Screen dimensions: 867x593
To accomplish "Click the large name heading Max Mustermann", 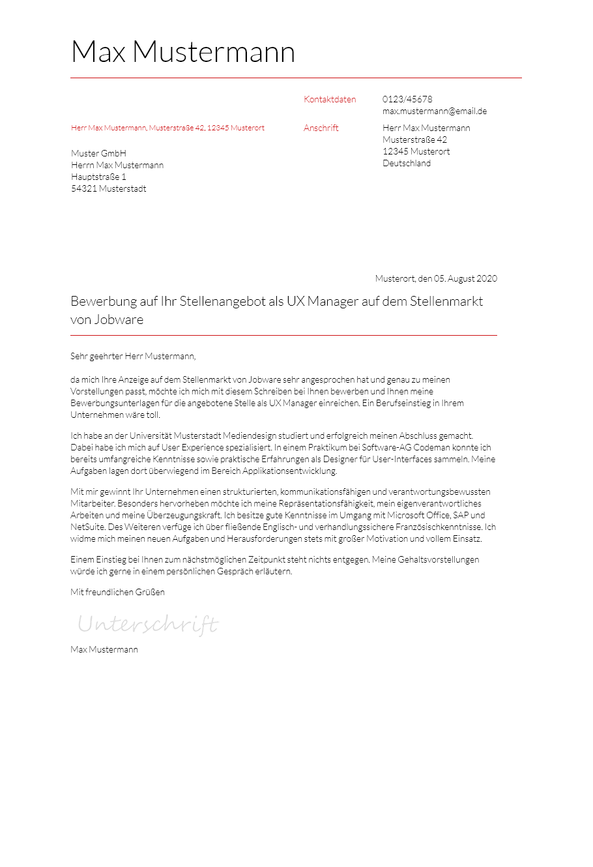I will tap(182, 52).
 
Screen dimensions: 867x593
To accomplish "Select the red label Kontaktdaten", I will tap(330, 100).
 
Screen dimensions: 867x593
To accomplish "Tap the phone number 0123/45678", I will tap(407, 100).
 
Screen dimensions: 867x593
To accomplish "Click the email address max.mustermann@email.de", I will tap(435, 111).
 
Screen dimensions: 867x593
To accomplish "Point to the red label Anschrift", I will tap(321, 128).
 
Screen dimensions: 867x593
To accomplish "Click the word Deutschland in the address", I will tap(407, 164).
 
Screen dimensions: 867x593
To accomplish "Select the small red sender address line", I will tap(167, 128).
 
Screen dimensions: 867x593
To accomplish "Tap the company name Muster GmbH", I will tap(98, 154).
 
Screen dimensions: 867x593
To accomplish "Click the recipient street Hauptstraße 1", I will tap(98, 177).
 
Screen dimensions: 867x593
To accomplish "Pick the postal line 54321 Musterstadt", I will tap(109, 189).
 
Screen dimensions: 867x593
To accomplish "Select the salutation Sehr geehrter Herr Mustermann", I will tap(133, 357).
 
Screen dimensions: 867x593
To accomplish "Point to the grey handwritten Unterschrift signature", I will tap(148, 625).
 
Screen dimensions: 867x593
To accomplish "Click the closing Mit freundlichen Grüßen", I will tap(117, 593).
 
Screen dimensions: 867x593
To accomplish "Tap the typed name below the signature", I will tap(104, 650).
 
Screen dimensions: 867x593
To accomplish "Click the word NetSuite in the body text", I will tap(87, 527).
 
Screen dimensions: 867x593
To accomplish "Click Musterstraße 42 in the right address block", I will tap(414, 140).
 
